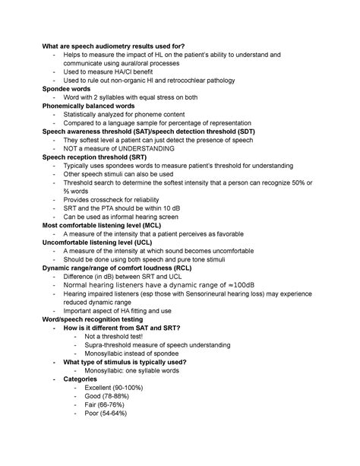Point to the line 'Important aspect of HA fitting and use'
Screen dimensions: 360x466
tap(128, 310)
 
